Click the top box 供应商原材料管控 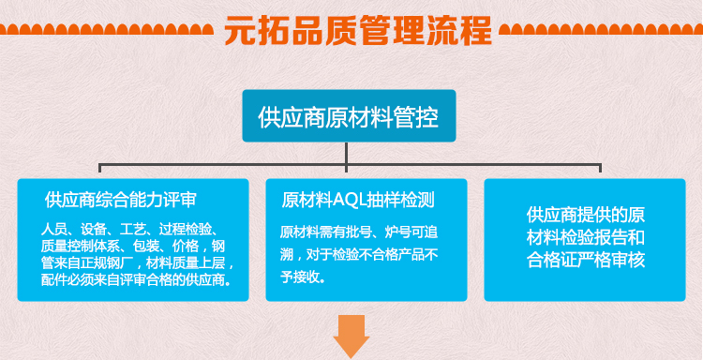(349, 116)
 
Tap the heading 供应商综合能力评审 (120, 200)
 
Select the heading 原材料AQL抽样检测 (358, 200)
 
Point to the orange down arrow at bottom (351, 337)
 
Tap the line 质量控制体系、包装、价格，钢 (133, 246)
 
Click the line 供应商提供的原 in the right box (586, 215)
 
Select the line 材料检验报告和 (586, 237)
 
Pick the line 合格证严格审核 (586, 260)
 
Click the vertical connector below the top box (348, 155)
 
